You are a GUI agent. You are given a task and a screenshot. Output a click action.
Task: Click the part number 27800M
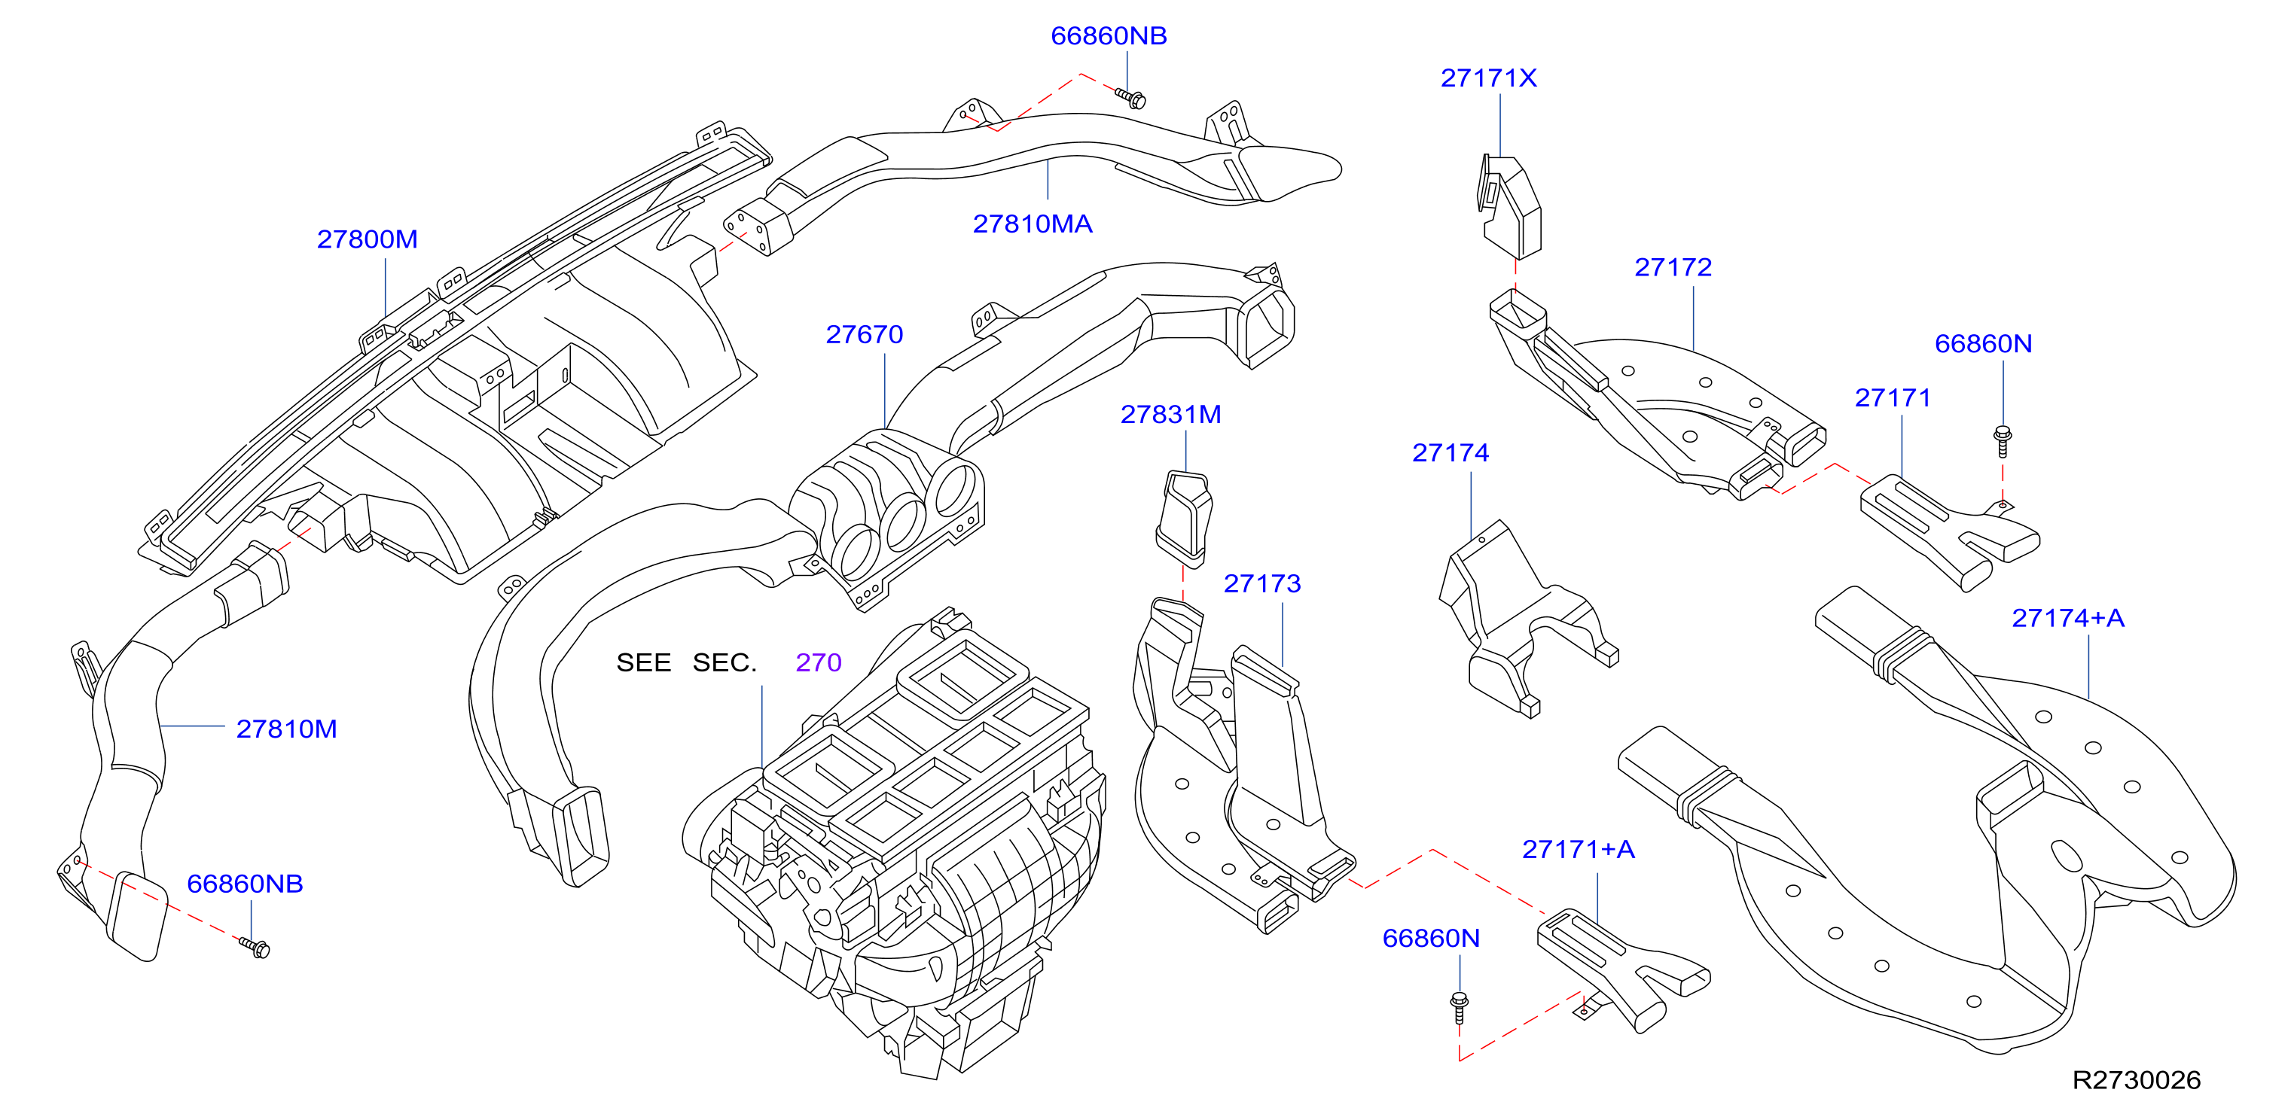367,239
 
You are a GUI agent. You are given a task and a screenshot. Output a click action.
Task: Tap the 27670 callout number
864,335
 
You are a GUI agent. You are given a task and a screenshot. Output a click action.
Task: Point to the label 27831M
1170,415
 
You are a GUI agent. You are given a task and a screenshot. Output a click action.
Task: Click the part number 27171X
1488,78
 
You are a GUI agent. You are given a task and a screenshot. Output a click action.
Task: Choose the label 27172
1673,268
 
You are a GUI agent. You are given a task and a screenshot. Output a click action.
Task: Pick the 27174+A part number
2068,619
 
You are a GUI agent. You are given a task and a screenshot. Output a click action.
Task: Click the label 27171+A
1578,850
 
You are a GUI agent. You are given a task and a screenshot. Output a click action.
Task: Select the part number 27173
1262,584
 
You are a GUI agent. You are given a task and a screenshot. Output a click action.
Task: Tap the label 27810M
286,730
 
